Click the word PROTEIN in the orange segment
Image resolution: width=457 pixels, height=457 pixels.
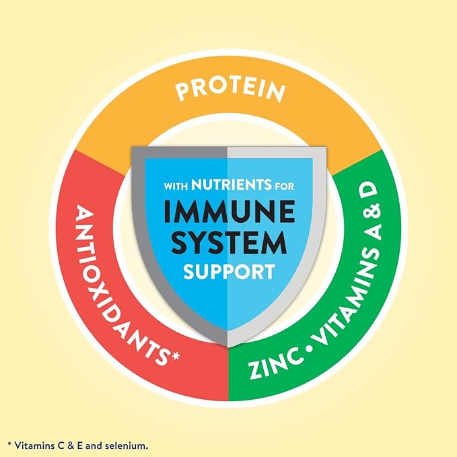click(230, 91)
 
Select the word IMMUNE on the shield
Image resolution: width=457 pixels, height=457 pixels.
click(229, 211)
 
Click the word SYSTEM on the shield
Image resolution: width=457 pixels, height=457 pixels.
click(229, 242)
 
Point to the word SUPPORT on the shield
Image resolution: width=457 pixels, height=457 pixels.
click(229, 272)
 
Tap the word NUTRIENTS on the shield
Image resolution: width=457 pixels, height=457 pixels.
click(231, 184)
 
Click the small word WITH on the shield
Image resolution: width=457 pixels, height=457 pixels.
click(176, 186)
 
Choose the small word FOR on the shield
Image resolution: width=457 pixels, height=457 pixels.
click(285, 186)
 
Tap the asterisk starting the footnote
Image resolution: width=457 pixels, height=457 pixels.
click(9, 444)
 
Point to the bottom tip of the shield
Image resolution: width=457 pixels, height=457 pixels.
click(228, 347)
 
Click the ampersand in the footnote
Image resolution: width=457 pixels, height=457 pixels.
click(63, 446)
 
